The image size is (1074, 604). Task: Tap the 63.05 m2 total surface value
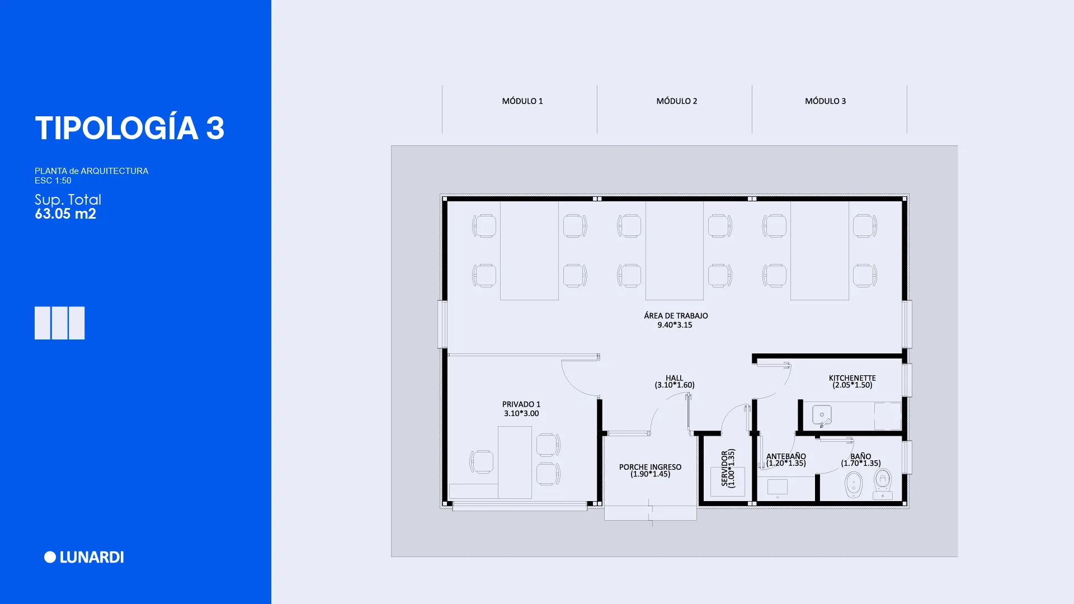coord(65,214)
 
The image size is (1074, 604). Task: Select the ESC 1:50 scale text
coord(53,181)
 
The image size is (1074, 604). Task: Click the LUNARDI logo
coord(84,557)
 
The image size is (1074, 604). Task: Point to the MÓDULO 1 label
coord(522,101)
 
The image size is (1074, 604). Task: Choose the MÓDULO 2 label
coord(677,101)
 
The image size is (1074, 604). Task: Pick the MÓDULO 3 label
coord(826,101)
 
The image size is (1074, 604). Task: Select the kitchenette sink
coord(822,416)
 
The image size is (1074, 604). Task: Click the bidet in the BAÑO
coord(854,485)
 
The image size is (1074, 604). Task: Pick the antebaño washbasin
coord(778,487)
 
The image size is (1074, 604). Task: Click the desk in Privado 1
coord(515,463)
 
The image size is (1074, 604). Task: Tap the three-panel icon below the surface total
coord(60,323)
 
